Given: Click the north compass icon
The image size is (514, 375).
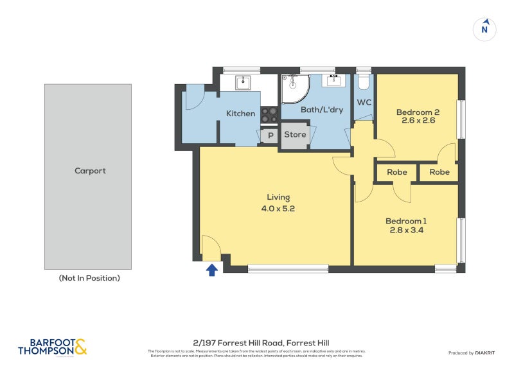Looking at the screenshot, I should click(x=485, y=29).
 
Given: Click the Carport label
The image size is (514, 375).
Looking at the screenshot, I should click(x=90, y=171).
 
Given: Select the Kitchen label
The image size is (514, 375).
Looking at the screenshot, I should click(x=240, y=114).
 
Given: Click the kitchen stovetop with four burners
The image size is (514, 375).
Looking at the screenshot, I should click(x=269, y=114).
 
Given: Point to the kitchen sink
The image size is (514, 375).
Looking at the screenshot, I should click(x=243, y=82).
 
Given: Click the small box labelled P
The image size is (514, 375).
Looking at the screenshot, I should click(x=270, y=135).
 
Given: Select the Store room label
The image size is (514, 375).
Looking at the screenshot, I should click(x=295, y=135).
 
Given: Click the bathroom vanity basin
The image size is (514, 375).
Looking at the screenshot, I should click(x=334, y=82).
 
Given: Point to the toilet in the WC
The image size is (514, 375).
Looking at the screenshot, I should click(x=364, y=82).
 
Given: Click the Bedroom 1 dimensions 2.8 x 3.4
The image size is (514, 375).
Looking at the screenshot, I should click(x=405, y=232).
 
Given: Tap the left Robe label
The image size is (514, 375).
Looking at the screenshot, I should click(x=396, y=172).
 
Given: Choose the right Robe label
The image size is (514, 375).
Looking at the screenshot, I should click(x=439, y=172).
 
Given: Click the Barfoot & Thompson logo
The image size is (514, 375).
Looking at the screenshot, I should click(x=52, y=347).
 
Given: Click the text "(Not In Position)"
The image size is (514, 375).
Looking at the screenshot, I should click(x=89, y=278).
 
